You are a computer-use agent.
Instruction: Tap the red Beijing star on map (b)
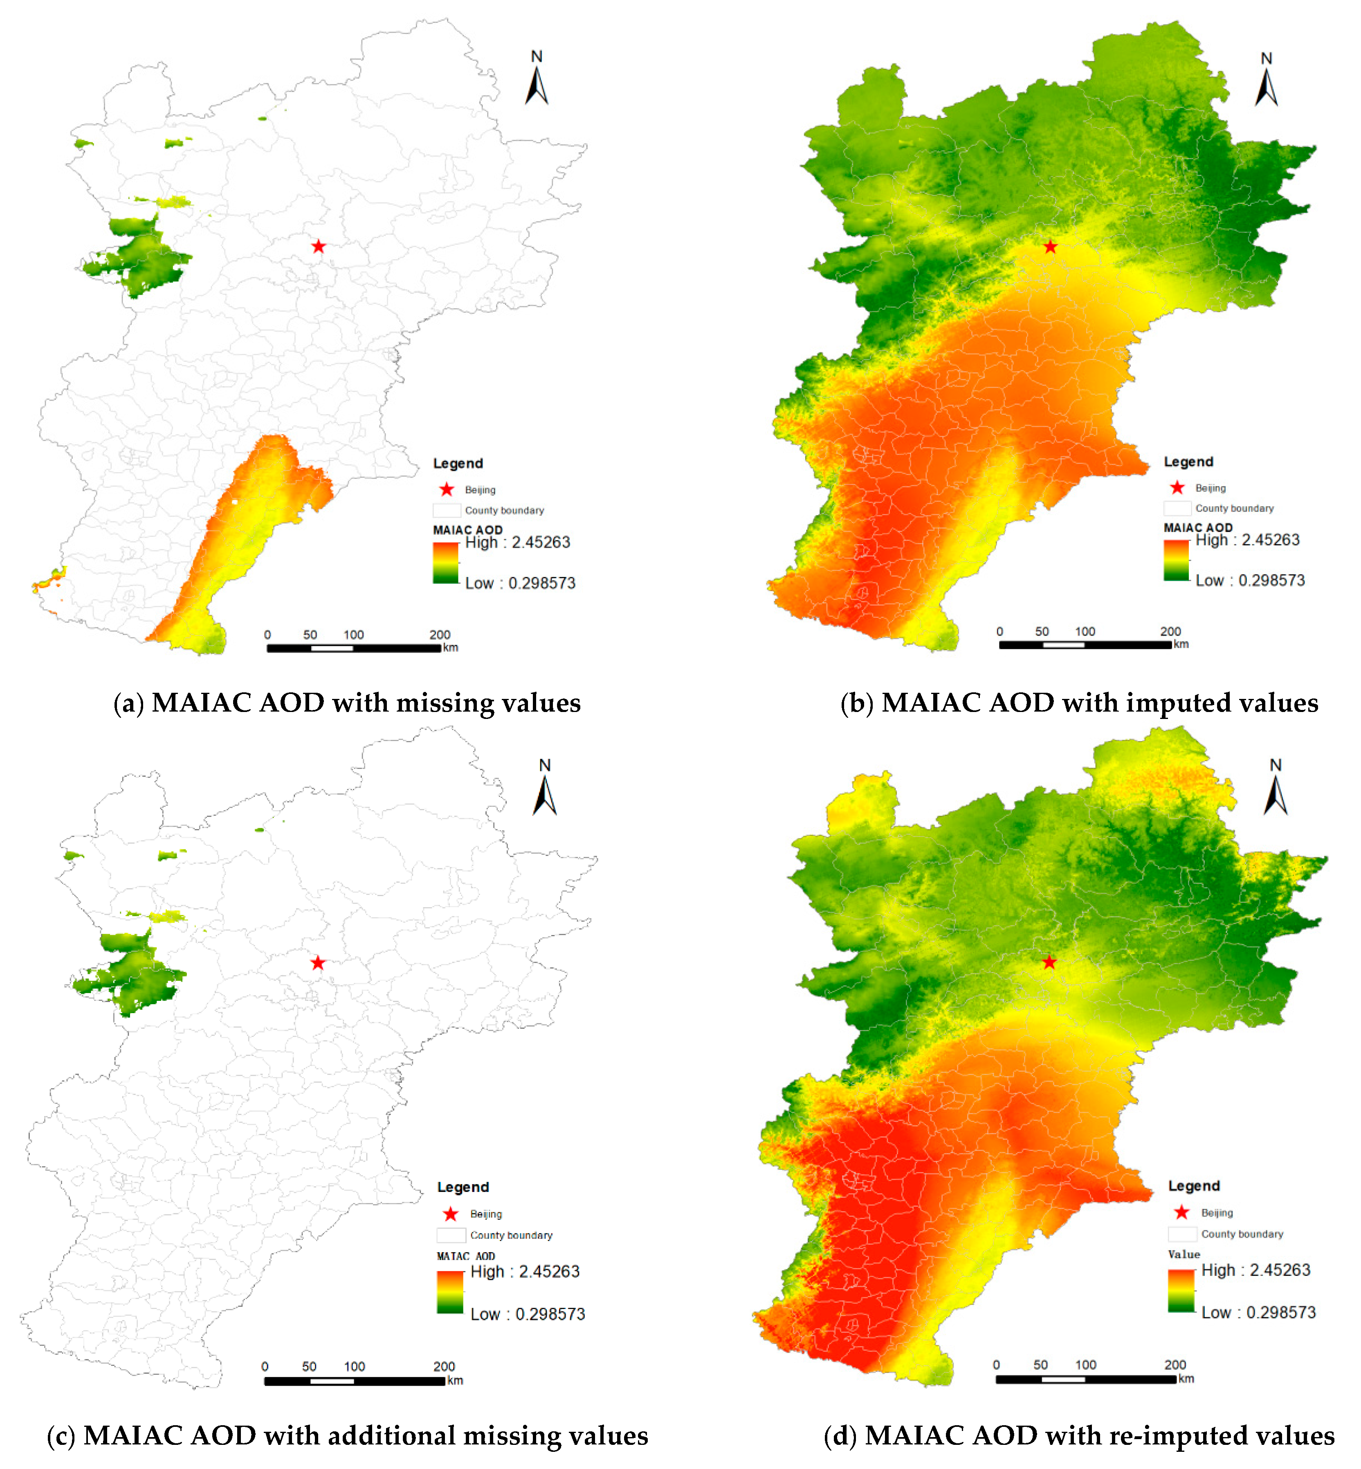pos(1050,247)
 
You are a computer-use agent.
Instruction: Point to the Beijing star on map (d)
pos(1049,962)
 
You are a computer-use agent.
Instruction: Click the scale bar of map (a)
pos(353,648)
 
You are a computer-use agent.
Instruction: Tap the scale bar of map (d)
pos(1085,1379)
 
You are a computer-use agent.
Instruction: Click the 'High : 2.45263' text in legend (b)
pos(1248,540)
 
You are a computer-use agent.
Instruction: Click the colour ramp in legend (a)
pos(446,563)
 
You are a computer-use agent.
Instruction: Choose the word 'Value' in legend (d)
pos(1184,1254)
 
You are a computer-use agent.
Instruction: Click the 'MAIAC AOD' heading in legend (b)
pos(1197,527)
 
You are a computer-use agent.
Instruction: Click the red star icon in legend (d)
pos(1182,1212)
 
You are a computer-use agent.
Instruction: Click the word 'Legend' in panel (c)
pos(463,1187)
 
